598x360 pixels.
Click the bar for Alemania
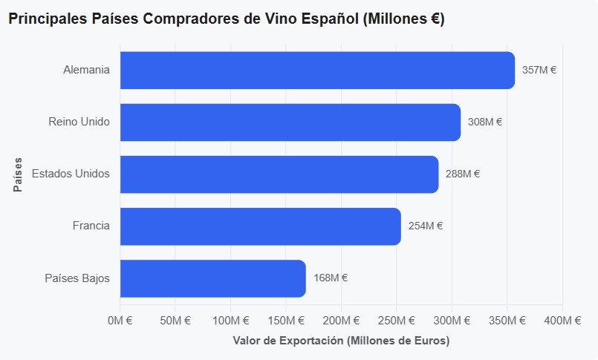pos(317,70)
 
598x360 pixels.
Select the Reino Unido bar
pos(290,122)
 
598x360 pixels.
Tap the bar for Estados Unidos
pos(279,174)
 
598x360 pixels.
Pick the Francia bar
pos(261,226)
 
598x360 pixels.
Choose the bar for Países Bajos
pos(212,278)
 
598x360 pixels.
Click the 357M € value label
pos(539,70)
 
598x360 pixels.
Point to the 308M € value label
pos(485,122)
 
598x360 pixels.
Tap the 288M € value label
pos(463,174)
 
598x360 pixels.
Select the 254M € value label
pos(425,226)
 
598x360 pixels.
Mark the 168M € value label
pos(331,278)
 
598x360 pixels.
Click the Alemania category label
pos(86,70)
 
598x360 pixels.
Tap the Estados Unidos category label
pos(71,174)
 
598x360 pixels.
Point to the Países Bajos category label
pos(77,278)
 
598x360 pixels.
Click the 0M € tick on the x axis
pos(120,321)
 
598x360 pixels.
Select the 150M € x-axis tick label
pos(286,321)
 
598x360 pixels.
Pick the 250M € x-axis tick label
pos(396,321)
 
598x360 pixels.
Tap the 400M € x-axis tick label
pos(562,321)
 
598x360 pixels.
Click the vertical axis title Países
pos(18,174)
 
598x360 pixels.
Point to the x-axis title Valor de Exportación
pos(288,340)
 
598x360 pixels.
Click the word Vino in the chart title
pos(281,19)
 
